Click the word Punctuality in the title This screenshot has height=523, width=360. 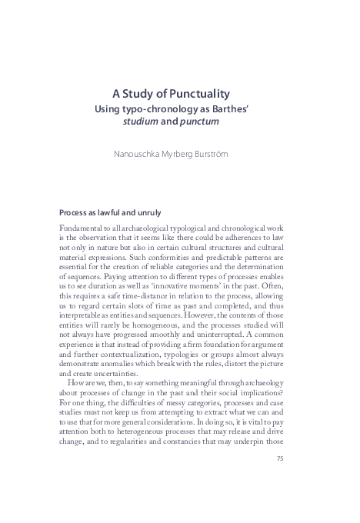click(205, 93)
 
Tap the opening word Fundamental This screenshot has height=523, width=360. click(82, 228)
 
